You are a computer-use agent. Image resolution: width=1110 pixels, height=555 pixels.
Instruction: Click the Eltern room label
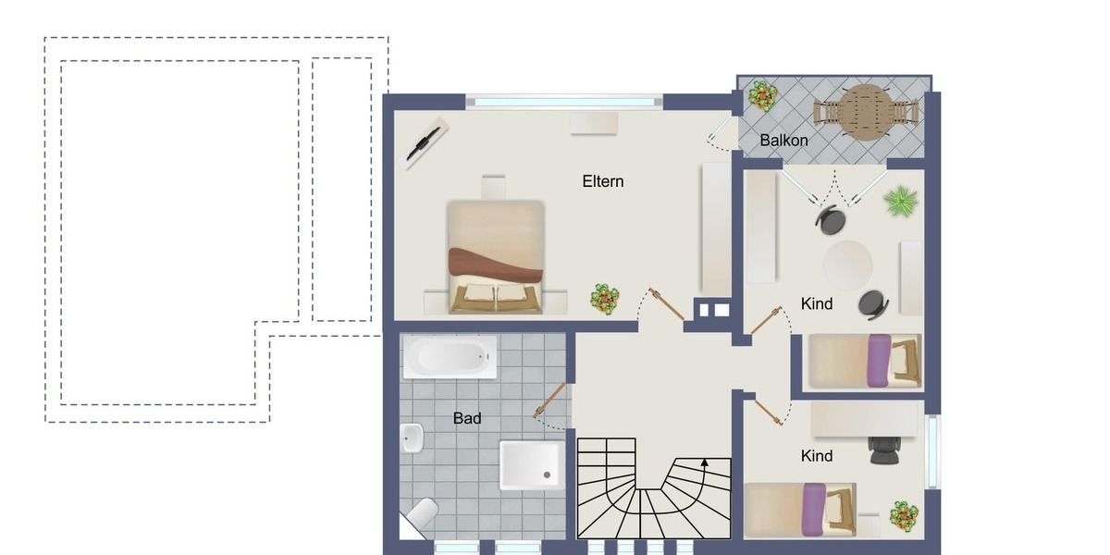click(x=602, y=181)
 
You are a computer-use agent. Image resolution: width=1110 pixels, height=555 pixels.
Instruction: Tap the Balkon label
click(x=783, y=141)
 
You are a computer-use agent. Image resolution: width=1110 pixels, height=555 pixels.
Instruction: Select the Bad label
click(x=467, y=418)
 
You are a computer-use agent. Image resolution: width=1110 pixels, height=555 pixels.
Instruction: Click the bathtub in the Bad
click(x=450, y=356)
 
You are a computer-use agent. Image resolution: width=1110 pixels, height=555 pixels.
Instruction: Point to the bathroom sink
click(x=413, y=438)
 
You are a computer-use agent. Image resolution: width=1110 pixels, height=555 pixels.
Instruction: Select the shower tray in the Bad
click(x=532, y=464)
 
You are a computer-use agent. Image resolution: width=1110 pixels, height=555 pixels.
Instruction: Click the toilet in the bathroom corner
click(x=423, y=516)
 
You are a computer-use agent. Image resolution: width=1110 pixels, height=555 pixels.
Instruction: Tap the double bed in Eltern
click(x=495, y=256)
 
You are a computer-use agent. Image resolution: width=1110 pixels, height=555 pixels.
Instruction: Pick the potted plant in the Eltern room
click(x=604, y=298)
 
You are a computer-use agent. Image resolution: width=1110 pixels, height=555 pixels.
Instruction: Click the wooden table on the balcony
click(x=867, y=112)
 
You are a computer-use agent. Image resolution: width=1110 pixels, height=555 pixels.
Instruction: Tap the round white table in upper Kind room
click(x=848, y=265)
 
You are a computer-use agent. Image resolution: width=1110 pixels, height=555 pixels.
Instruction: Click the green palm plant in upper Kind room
click(x=900, y=201)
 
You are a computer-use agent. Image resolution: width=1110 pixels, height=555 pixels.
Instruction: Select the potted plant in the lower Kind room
click(x=903, y=514)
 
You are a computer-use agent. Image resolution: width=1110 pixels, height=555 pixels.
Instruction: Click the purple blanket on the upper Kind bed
click(x=879, y=361)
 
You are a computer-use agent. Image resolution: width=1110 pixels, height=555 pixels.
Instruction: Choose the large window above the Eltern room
click(x=564, y=102)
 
